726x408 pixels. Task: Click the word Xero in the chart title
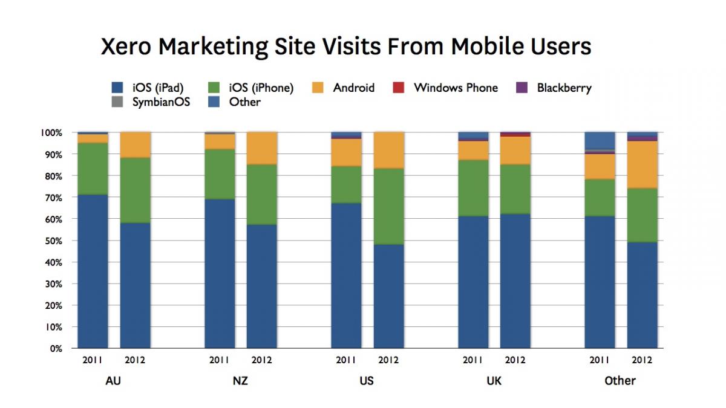coord(126,47)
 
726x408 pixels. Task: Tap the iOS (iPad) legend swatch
coord(117,88)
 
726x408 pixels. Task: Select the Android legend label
coord(353,88)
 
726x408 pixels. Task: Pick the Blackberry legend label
coord(564,88)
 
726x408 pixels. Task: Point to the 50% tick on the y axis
coord(53,241)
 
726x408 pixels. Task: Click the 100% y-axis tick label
coord(51,133)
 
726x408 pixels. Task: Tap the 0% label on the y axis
coord(56,349)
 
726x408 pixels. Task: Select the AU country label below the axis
coord(113,381)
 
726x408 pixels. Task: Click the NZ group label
coord(240,381)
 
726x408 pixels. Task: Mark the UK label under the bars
coord(494,381)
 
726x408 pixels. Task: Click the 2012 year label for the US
coord(388,360)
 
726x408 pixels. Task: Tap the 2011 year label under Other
coord(600,360)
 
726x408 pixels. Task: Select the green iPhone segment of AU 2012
coord(136,190)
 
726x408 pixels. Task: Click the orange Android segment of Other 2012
coord(643,164)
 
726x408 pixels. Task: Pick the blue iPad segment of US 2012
coord(389,296)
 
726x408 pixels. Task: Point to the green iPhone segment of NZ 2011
coord(220,174)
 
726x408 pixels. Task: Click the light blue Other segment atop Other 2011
coord(600,140)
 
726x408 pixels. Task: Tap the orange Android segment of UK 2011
coord(473,151)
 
